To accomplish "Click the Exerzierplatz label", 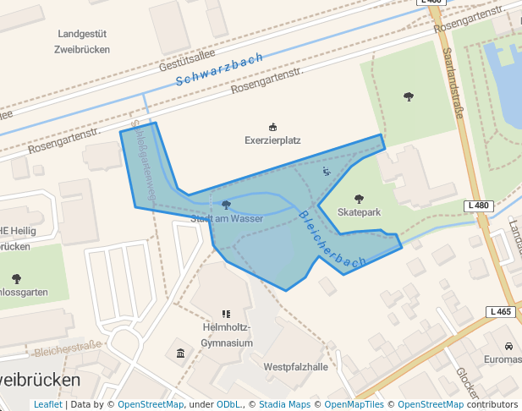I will click(272, 140).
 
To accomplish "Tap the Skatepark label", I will click(360, 211).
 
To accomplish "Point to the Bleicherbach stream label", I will click(332, 240).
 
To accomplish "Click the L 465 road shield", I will click(501, 312).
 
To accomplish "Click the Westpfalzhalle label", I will click(295, 367).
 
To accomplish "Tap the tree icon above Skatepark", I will click(360, 199).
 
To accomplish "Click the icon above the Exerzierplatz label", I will click(272, 127).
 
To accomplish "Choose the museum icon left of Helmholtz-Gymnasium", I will click(180, 353).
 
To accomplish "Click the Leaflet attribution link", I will click(47, 405).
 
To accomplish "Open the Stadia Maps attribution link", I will click(284, 405).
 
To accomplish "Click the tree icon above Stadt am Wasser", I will click(226, 205).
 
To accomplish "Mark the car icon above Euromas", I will click(508, 347).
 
